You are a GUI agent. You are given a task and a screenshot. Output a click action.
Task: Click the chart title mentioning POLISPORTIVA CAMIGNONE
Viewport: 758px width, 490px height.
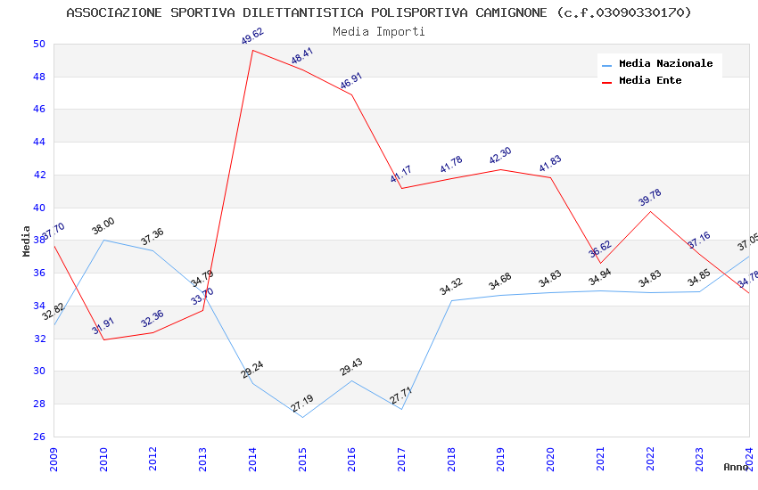pos(378,12)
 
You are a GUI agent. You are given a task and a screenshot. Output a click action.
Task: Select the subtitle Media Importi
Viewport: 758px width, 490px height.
pos(378,32)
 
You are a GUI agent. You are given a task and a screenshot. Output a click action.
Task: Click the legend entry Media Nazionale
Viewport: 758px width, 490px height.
pos(665,64)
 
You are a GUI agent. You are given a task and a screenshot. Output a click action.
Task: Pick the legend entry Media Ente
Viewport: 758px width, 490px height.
pos(649,81)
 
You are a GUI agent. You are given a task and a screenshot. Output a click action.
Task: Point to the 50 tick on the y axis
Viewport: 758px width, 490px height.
pos(38,45)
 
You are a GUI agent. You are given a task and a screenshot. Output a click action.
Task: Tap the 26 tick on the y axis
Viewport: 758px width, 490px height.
pos(38,437)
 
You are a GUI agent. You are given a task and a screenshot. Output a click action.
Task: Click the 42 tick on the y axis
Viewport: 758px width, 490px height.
pos(38,176)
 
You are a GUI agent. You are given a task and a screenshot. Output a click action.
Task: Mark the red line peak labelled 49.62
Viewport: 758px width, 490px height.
pos(253,50)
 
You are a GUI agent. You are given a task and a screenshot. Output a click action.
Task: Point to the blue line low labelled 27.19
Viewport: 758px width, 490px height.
pos(302,417)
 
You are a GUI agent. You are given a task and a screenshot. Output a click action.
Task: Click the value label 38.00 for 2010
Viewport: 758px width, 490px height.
pos(103,226)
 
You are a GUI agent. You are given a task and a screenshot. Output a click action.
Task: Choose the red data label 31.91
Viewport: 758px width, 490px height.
pos(103,326)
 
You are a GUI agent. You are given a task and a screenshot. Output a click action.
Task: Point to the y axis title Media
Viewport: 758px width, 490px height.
pos(27,241)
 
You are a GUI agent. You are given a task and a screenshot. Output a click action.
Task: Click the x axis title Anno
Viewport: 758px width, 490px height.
pos(736,467)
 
